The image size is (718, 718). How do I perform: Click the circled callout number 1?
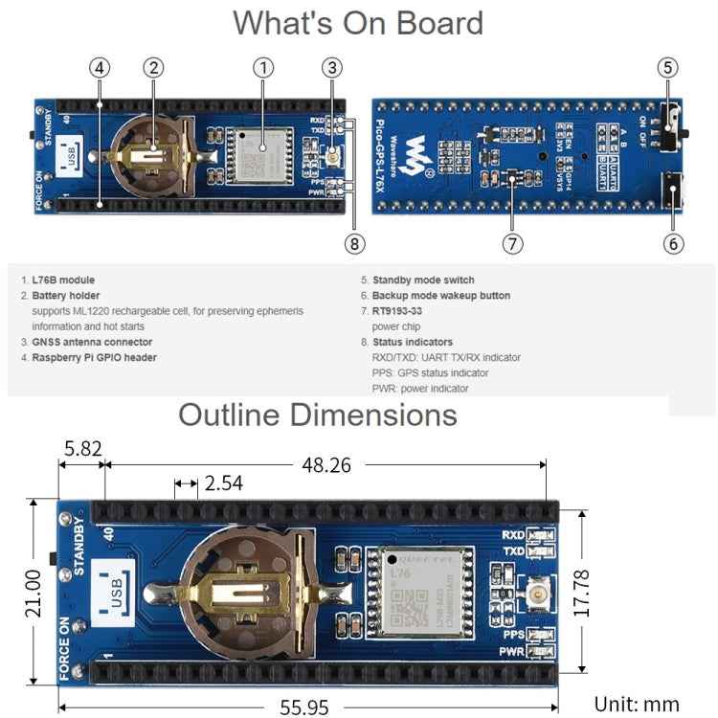tap(263, 67)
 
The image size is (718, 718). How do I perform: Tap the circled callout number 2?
tap(153, 67)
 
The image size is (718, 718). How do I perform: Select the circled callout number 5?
tap(669, 67)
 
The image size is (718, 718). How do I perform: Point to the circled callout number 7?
tap(513, 243)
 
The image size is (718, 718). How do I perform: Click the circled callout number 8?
tap(355, 243)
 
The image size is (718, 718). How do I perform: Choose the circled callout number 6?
tap(673, 243)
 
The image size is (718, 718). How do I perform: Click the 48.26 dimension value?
tap(325, 465)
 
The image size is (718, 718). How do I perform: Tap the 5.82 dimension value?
tap(81, 447)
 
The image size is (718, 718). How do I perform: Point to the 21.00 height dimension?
tap(33, 593)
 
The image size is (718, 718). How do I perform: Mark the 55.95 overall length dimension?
tap(304, 707)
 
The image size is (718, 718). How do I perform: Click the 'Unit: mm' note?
tap(637, 705)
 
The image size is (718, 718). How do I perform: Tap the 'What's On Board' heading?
tap(358, 23)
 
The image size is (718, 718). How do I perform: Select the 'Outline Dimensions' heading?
tap(318, 415)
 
